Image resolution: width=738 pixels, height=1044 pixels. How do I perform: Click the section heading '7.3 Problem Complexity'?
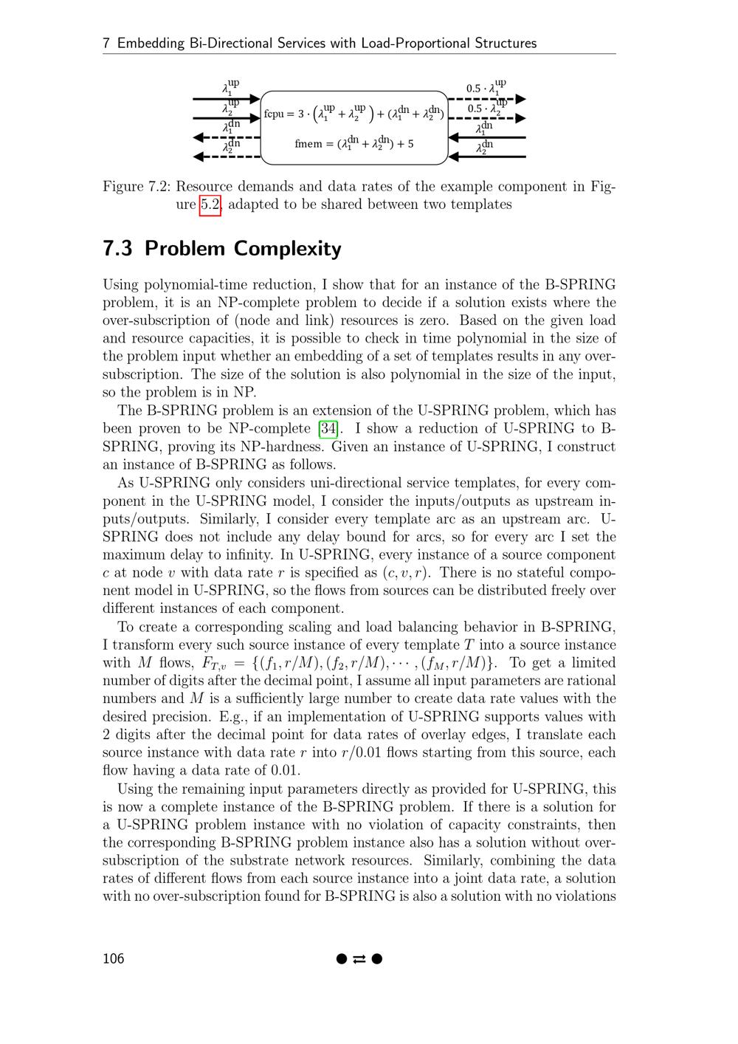pos(222,249)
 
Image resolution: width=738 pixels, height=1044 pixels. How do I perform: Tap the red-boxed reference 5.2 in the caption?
pos(210,205)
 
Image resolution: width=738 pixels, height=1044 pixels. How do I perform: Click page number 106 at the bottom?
pos(114,958)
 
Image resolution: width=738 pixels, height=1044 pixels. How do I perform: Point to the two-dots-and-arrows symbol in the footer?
pos(359,959)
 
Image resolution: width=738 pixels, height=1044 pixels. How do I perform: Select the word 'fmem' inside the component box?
pos(308,143)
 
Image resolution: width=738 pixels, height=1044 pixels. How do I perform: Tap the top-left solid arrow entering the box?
pos(226,98)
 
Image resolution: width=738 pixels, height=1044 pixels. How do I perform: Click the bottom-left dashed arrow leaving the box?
pos(226,157)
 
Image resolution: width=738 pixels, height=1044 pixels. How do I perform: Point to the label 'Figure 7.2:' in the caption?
pos(137,187)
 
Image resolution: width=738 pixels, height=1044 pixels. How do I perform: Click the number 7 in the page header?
pos(106,43)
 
